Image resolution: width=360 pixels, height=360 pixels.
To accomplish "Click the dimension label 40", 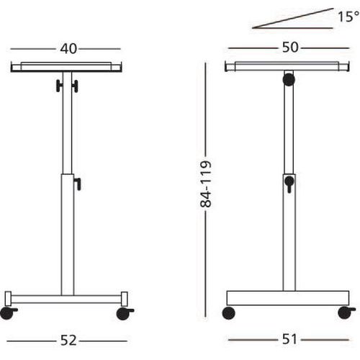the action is tap(68, 49).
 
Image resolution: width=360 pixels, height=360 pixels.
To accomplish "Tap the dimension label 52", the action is tap(68, 341).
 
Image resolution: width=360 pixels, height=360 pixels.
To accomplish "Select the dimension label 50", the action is tap(290, 48).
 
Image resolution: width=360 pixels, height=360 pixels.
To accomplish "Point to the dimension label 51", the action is tap(289, 339).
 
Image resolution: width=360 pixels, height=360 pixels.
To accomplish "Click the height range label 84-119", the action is tap(206, 184).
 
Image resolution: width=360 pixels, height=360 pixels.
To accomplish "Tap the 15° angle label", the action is tap(348, 17).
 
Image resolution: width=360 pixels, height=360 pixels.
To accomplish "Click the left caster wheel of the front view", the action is tap(7, 313).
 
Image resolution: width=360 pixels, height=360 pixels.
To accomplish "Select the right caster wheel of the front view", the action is tap(124, 314).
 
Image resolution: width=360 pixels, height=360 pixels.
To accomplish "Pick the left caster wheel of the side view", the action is tap(229, 313).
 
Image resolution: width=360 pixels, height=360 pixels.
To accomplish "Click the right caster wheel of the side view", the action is tap(345, 312).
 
